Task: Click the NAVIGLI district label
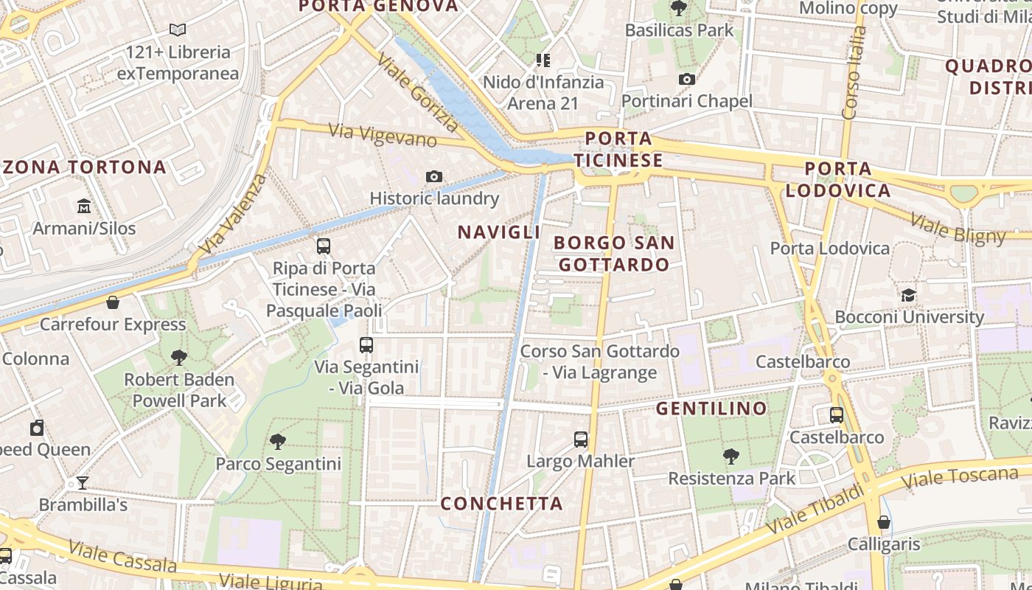click(x=499, y=232)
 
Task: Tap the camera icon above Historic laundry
click(x=434, y=177)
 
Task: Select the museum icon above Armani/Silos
click(x=84, y=206)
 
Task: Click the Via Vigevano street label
click(x=383, y=135)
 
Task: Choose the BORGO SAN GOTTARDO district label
click(x=613, y=253)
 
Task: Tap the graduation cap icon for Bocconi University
click(x=908, y=296)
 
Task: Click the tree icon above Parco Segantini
click(x=278, y=442)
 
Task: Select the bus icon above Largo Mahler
click(x=581, y=440)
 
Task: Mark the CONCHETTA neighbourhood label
click(x=501, y=504)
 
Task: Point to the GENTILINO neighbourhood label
click(x=711, y=409)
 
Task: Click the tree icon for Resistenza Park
click(x=731, y=457)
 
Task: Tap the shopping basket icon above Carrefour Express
click(x=113, y=302)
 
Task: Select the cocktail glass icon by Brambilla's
click(x=83, y=483)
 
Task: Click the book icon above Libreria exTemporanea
click(x=177, y=30)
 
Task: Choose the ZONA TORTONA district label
click(x=85, y=167)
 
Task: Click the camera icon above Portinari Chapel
click(x=687, y=80)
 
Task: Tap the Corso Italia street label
click(x=853, y=72)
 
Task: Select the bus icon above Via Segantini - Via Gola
click(x=366, y=344)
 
